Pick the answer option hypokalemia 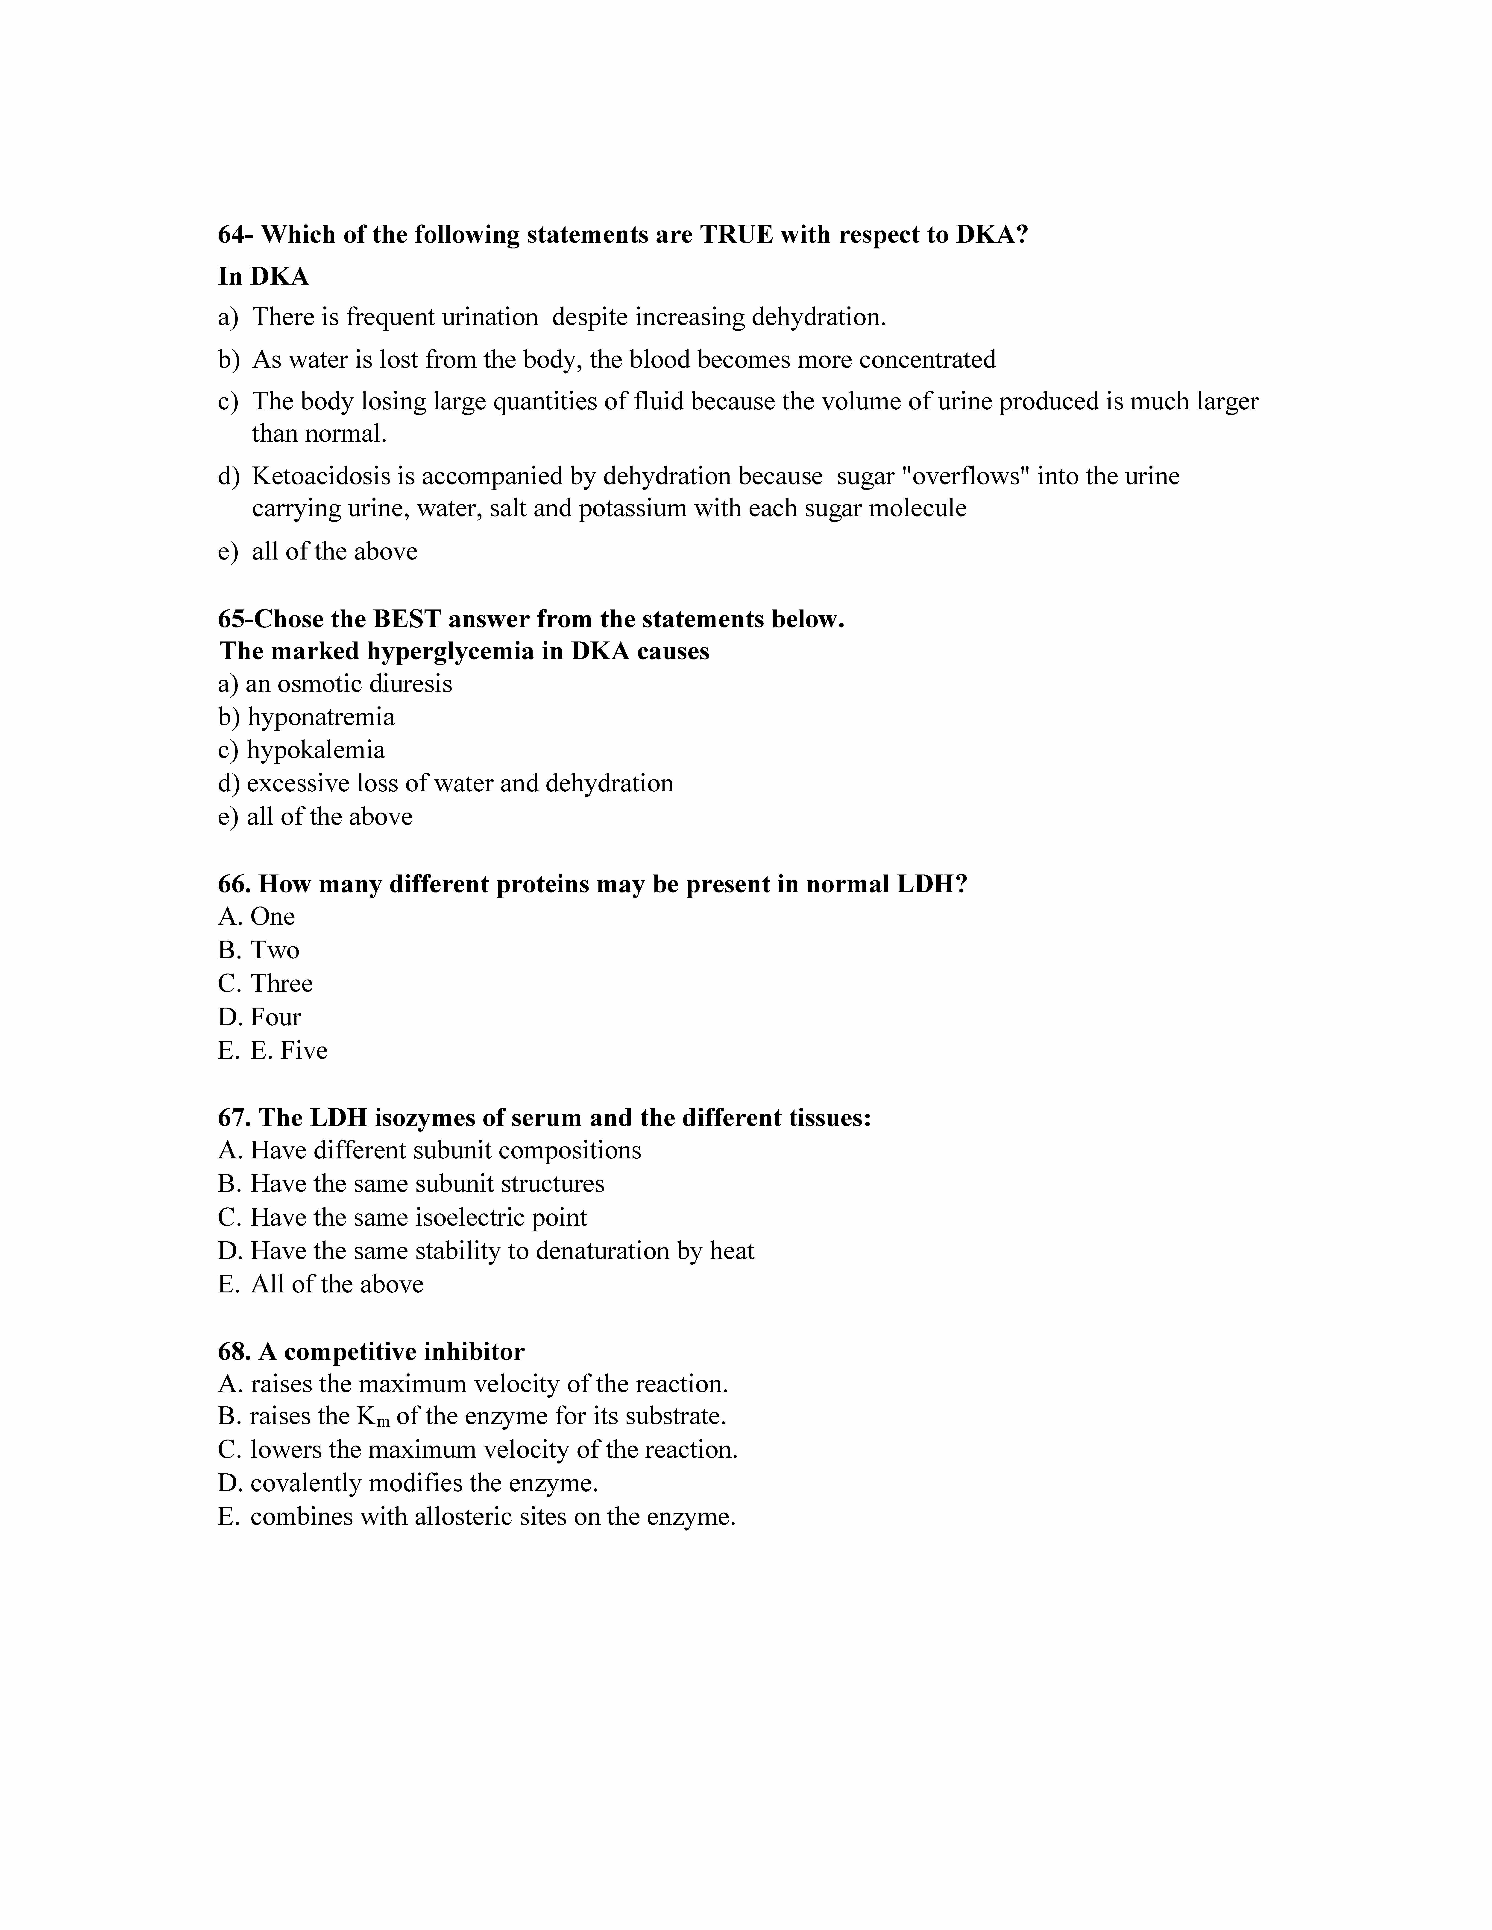coord(316,750)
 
